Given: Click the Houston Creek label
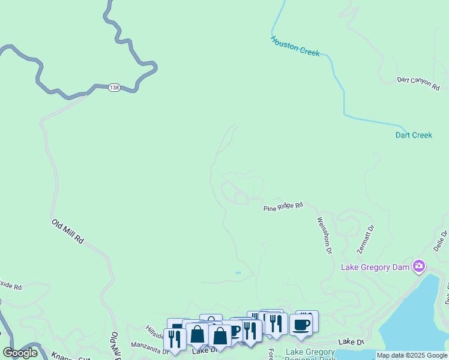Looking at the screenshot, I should point(295,46).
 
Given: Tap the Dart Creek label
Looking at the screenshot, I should point(414,135).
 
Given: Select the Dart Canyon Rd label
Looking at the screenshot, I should point(418,83).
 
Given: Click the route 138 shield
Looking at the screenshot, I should point(114,88).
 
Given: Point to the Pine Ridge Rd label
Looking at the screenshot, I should point(283,206).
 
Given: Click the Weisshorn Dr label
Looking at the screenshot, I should point(324,235).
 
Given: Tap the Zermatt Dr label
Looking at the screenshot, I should point(365,238).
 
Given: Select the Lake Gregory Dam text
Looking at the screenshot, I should point(375,266).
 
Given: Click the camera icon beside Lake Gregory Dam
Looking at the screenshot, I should point(419,266).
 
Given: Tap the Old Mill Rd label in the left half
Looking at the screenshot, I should point(67,232).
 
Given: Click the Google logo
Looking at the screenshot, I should point(20,353).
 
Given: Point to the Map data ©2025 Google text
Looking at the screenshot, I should point(412,355).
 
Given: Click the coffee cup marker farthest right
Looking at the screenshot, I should point(301,325).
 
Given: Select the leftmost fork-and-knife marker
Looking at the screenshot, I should point(175,339).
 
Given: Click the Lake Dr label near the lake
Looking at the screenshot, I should point(351,341).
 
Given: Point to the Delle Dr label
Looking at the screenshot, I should point(441,240).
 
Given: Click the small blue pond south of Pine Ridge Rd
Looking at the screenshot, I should point(238,273).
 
